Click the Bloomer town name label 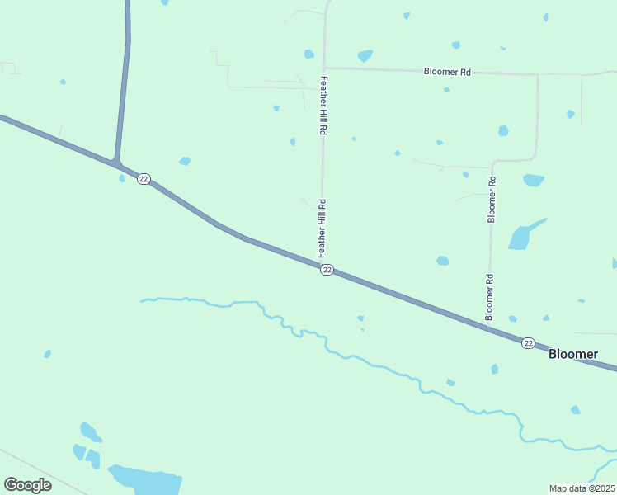573,354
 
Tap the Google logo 27,484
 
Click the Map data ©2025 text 582,488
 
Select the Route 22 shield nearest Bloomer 528,342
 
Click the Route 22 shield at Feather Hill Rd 327,271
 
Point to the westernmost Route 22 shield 144,179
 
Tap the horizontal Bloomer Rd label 447,72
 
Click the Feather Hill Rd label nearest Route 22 323,227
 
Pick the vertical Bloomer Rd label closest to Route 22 489,297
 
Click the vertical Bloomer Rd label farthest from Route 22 492,200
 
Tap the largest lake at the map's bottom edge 147,479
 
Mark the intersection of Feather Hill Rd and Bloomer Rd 325,68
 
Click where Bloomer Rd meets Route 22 488,327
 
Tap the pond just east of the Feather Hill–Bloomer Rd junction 364,56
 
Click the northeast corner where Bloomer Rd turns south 538,74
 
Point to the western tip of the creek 142,301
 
